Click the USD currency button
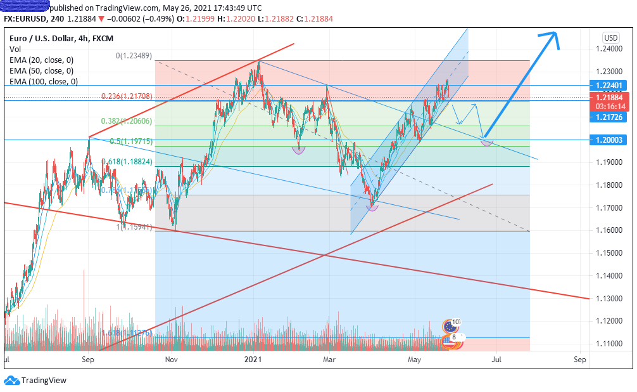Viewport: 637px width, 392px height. point(611,37)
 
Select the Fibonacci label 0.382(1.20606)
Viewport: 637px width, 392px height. point(128,121)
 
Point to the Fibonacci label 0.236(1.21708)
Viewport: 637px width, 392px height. point(128,96)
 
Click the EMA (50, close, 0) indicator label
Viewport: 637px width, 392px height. point(41,70)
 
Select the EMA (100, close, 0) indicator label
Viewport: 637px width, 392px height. point(44,81)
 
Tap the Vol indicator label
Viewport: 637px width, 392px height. point(15,48)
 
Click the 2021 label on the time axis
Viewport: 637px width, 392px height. point(253,360)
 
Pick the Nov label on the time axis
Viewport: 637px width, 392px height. point(170,360)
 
